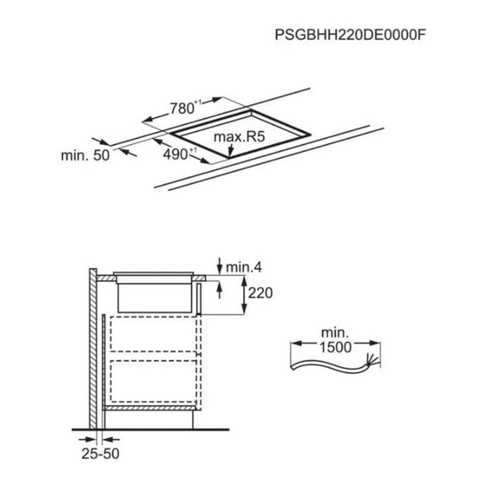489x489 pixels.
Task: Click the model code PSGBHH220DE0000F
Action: point(350,35)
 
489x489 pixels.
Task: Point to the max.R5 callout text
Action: point(239,137)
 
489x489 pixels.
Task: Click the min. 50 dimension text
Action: point(85,155)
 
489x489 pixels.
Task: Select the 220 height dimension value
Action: point(261,293)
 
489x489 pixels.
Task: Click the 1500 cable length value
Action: point(335,347)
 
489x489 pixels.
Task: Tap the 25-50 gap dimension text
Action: point(100,454)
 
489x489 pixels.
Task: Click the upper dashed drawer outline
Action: point(154,334)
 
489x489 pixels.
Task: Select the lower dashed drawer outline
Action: point(154,381)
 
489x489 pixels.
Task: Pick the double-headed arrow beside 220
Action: point(244,295)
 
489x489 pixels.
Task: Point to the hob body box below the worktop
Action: point(154,298)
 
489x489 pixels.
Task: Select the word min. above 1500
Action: point(335,333)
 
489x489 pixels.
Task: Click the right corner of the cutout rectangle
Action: point(310,135)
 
